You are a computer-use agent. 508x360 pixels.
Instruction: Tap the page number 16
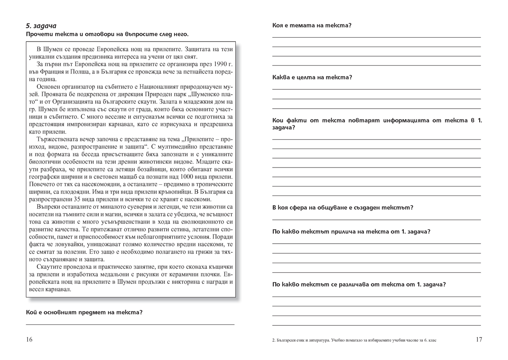coord(29,339)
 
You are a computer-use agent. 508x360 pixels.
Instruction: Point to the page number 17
coord(479,339)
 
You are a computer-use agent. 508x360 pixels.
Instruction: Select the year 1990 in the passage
coord(216,64)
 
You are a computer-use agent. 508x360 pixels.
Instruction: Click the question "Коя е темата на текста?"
coord(312,25)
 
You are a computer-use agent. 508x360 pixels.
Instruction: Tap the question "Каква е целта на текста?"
coord(312,77)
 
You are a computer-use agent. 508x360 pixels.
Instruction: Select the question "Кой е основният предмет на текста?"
coord(84,313)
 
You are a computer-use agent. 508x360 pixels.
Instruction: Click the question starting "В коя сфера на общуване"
coord(342,208)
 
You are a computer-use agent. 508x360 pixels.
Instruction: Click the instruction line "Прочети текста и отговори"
coord(107,34)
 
